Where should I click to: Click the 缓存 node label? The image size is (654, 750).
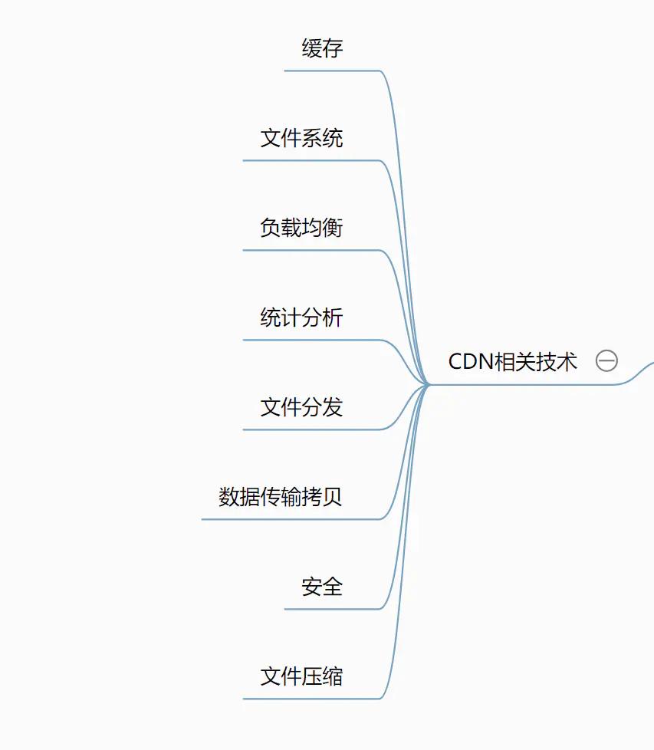[x=322, y=49]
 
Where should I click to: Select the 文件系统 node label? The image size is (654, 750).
[x=301, y=139]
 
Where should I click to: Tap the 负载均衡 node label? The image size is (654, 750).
[x=301, y=229]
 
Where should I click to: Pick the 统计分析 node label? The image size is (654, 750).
[x=301, y=318]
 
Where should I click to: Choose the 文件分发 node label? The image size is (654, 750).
[x=301, y=408]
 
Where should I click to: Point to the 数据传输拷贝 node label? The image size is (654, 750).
[x=281, y=498]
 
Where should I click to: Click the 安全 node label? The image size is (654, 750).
[x=322, y=587]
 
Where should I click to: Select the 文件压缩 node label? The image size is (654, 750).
[x=301, y=677]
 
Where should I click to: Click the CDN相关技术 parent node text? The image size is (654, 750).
[x=512, y=362]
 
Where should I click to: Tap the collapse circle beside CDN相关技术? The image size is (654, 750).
[x=606, y=361]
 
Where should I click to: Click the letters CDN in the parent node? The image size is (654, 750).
[x=469, y=362]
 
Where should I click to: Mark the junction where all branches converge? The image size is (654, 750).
[x=429, y=384]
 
